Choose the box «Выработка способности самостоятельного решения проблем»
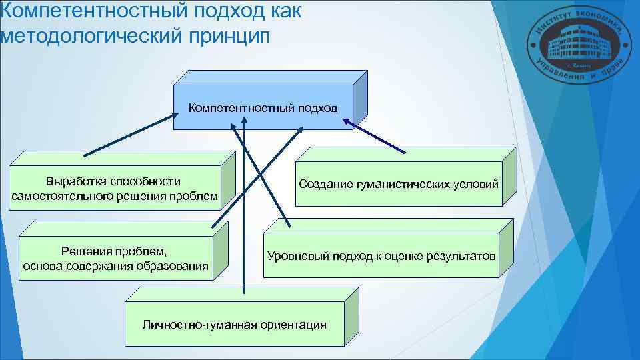[x=114, y=189]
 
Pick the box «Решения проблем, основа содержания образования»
[x=115, y=259]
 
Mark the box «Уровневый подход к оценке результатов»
[x=381, y=255]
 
